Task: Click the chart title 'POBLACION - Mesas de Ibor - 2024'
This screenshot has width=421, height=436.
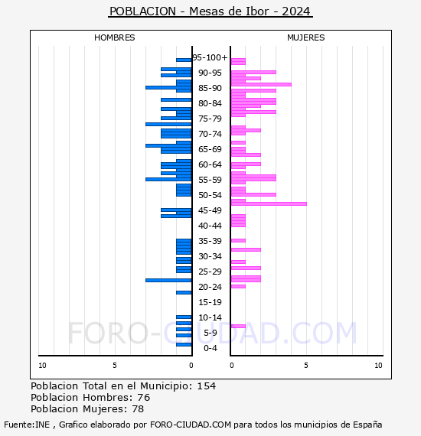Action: point(210,11)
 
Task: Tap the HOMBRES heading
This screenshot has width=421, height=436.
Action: point(114,37)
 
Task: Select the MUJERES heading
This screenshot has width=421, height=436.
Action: point(306,37)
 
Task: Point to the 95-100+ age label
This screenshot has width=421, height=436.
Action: point(210,57)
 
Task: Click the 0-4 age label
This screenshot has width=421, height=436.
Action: point(210,348)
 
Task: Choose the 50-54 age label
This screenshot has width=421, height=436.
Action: point(210,195)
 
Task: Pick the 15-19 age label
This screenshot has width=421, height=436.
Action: point(210,302)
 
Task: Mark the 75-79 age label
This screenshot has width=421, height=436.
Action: point(210,119)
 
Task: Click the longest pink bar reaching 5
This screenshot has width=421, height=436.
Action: point(269,203)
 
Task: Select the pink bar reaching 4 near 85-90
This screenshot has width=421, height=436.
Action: point(261,85)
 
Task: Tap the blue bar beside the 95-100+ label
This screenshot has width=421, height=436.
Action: point(184,60)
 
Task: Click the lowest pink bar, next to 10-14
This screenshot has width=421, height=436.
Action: point(238,326)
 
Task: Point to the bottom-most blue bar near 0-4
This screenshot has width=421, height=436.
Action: point(184,345)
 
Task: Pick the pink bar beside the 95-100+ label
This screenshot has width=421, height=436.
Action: point(238,61)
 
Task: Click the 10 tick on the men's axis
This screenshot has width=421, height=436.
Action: point(42,366)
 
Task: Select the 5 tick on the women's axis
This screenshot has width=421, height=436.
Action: point(306,366)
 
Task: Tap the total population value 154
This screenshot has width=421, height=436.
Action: point(206,386)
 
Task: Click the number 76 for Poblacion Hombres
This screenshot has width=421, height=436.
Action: point(144,397)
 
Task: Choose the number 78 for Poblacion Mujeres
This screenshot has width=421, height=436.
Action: point(138,409)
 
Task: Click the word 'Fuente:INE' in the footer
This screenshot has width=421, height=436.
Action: point(27,425)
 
